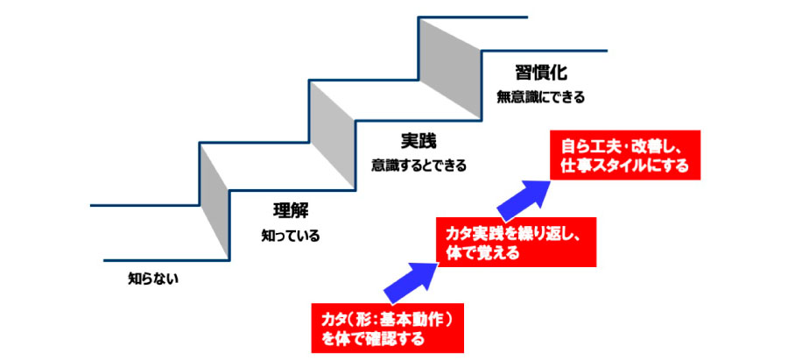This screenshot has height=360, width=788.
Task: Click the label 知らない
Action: coord(153,278)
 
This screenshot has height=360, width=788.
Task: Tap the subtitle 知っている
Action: coord(291,236)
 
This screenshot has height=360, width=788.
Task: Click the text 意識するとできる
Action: coord(419,165)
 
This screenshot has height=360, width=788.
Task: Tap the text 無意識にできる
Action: coord(541,96)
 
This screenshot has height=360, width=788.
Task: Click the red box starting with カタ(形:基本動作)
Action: coord(388,328)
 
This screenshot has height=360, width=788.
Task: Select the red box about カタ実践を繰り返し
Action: coord(516,242)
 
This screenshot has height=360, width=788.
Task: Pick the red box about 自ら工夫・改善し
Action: coord(625,155)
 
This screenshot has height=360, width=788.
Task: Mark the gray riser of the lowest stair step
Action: coord(215,201)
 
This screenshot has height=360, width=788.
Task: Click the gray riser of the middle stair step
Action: coord(332,135)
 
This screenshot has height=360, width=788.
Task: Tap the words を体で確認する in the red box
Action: coord(372,338)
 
